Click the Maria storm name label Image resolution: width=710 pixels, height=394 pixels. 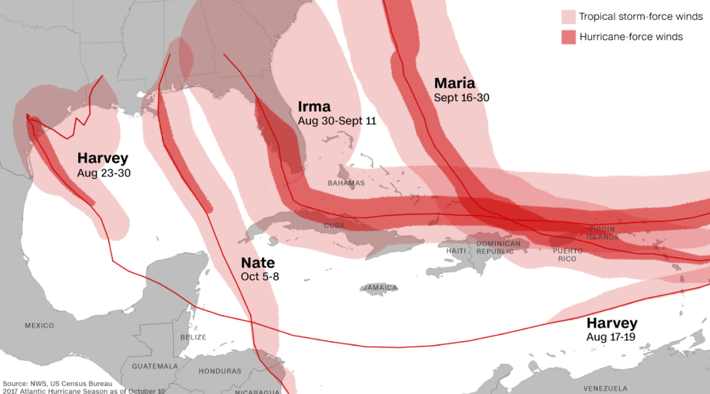click(454, 83)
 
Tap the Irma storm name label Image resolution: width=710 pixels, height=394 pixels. click(314, 107)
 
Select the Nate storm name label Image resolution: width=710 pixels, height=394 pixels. click(257, 262)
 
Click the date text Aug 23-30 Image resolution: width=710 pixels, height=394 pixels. click(104, 173)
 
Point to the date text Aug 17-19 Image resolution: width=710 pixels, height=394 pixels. click(611, 337)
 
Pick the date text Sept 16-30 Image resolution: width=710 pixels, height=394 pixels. click(461, 98)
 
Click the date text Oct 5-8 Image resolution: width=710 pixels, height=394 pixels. click(259, 276)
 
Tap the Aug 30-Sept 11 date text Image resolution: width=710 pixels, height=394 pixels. click(337, 120)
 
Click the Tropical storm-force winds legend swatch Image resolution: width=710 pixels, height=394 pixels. click(568, 17)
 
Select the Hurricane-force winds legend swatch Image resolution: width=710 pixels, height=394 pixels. click(568, 37)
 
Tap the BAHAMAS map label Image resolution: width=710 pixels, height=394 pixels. click(346, 183)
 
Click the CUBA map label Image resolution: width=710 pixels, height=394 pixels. click(334, 226)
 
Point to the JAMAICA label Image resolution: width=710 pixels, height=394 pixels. click(381, 287)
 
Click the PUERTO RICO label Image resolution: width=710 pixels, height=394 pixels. click(568, 255)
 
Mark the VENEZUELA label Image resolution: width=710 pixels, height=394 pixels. click(605, 388)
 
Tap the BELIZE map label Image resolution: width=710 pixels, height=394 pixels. click(193, 337)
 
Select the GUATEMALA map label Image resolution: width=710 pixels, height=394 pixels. click(155, 366)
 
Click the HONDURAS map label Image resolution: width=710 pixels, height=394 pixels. click(220, 371)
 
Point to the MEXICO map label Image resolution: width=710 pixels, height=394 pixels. click(39, 325)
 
